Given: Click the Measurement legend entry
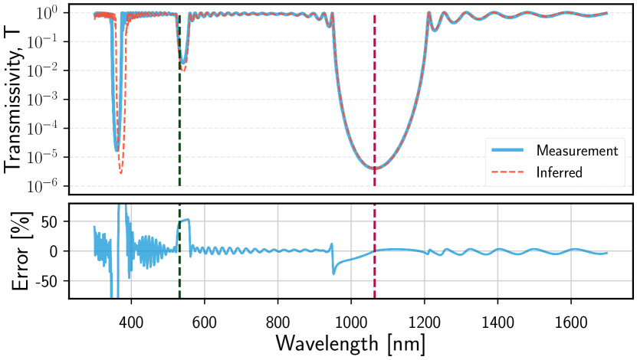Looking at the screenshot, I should [577, 149].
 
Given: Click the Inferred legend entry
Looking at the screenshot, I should [559, 172].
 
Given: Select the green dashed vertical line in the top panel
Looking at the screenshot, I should [179, 115].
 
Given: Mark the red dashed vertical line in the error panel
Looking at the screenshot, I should [374, 268].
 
